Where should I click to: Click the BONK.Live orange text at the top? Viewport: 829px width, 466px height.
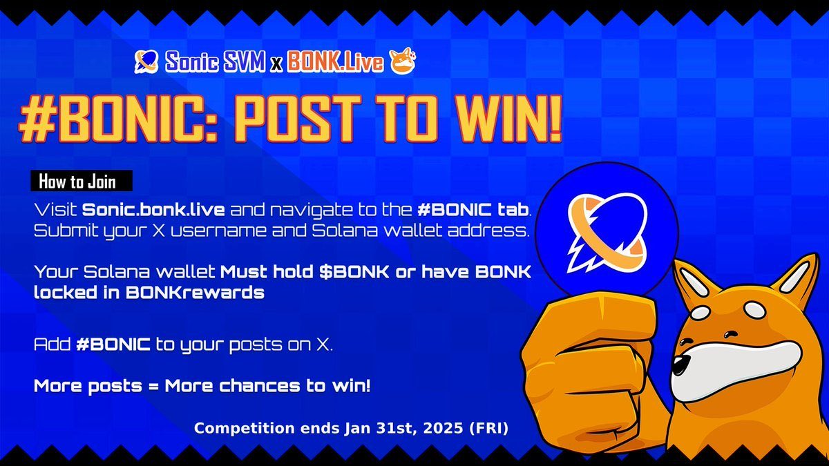(x=335, y=63)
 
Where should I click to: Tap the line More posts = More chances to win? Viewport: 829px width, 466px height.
(x=202, y=386)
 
